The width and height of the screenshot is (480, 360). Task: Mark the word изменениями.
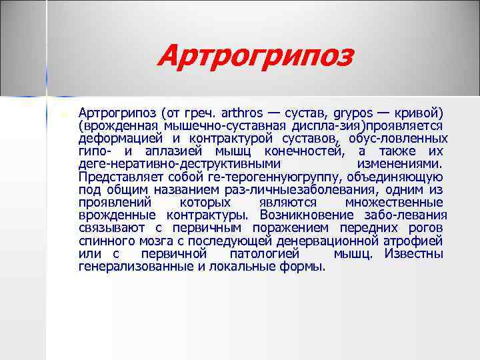pyautogui.click(x=399, y=164)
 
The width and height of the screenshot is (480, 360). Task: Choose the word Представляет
pyautogui.click(x=116, y=177)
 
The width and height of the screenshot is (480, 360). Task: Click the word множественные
pyautogui.click(x=394, y=203)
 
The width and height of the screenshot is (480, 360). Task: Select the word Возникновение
pyautogui.click(x=306, y=215)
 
